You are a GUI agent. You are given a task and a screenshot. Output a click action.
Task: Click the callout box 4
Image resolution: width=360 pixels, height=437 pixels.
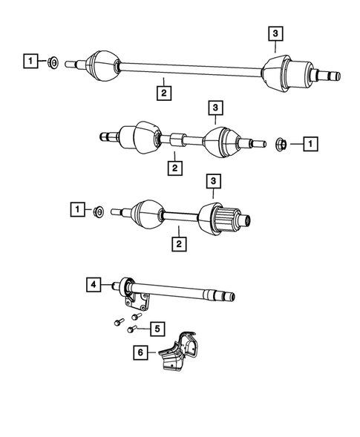(93, 283)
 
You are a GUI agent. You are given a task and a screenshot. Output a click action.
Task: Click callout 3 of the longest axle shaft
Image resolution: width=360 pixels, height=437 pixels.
(275, 33)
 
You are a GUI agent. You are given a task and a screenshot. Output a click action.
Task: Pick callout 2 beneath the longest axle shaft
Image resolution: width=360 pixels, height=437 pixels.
(161, 93)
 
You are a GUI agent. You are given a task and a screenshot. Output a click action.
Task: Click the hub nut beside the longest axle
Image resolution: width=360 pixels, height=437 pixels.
(54, 62)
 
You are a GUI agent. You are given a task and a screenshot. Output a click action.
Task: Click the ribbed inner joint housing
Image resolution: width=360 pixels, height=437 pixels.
(220, 220)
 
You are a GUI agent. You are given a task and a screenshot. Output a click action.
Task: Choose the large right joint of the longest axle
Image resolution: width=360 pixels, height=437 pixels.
(287, 74)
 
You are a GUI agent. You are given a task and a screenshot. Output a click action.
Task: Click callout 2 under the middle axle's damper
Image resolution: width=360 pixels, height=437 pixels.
(174, 168)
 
